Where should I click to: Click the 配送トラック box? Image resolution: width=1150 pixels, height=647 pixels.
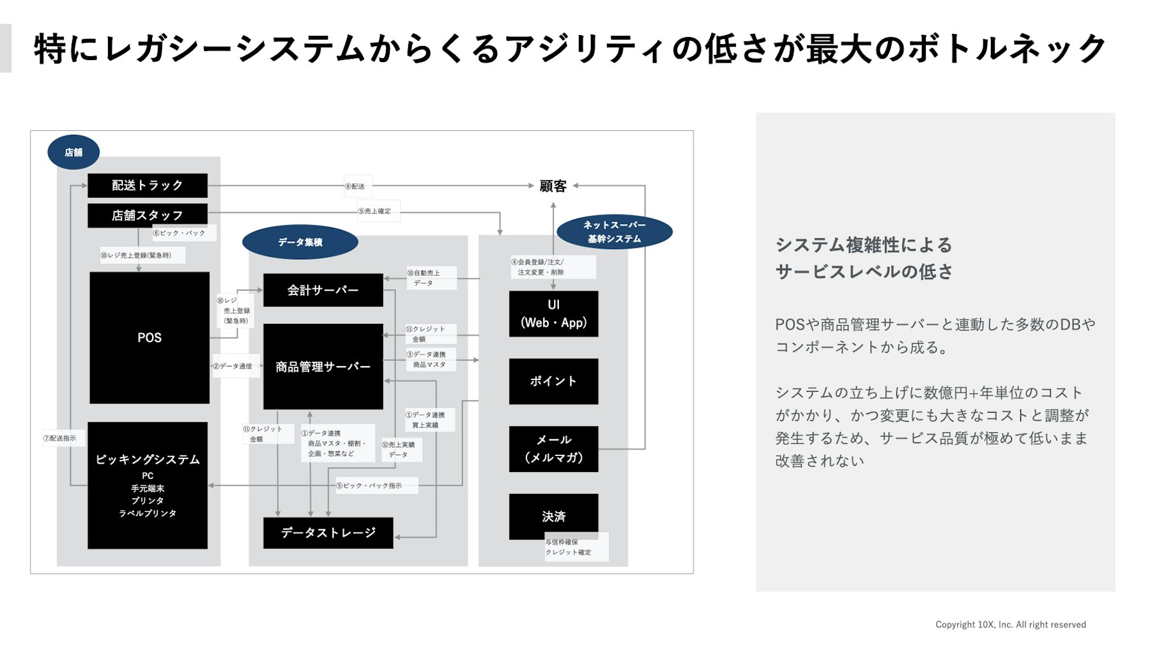click(x=147, y=185)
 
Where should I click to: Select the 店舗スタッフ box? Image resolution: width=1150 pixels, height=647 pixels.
click(x=147, y=215)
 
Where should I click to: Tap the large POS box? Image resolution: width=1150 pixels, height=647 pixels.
click(x=149, y=337)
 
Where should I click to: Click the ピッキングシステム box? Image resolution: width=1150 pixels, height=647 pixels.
click(x=148, y=485)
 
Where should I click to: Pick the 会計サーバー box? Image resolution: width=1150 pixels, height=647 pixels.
click(x=323, y=290)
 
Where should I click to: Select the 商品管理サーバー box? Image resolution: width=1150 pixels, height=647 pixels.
click(x=323, y=366)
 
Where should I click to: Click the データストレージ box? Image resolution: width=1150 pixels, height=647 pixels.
click(x=328, y=533)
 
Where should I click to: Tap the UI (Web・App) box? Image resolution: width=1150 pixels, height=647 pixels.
click(x=553, y=314)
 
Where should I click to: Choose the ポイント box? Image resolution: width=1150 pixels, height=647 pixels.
click(x=553, y=381)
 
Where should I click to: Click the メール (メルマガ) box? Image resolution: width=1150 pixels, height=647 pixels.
click(x=553, y=448)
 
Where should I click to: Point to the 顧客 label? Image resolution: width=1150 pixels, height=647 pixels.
click(x=553, y=186)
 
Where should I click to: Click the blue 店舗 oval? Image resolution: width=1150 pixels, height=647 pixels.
click(x=73, y=152)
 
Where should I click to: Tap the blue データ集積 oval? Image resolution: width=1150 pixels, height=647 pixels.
click(x=300, y=242)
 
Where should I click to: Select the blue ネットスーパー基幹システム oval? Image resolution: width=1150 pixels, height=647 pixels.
click(x=614, y=232)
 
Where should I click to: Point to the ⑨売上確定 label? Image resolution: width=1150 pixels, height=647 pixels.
click(x=378, y=211)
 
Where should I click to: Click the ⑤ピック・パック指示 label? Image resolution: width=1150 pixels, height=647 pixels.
click(x=376, y=485)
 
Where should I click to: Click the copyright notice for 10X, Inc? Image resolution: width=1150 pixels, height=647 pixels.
click(x=1010, y=625)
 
